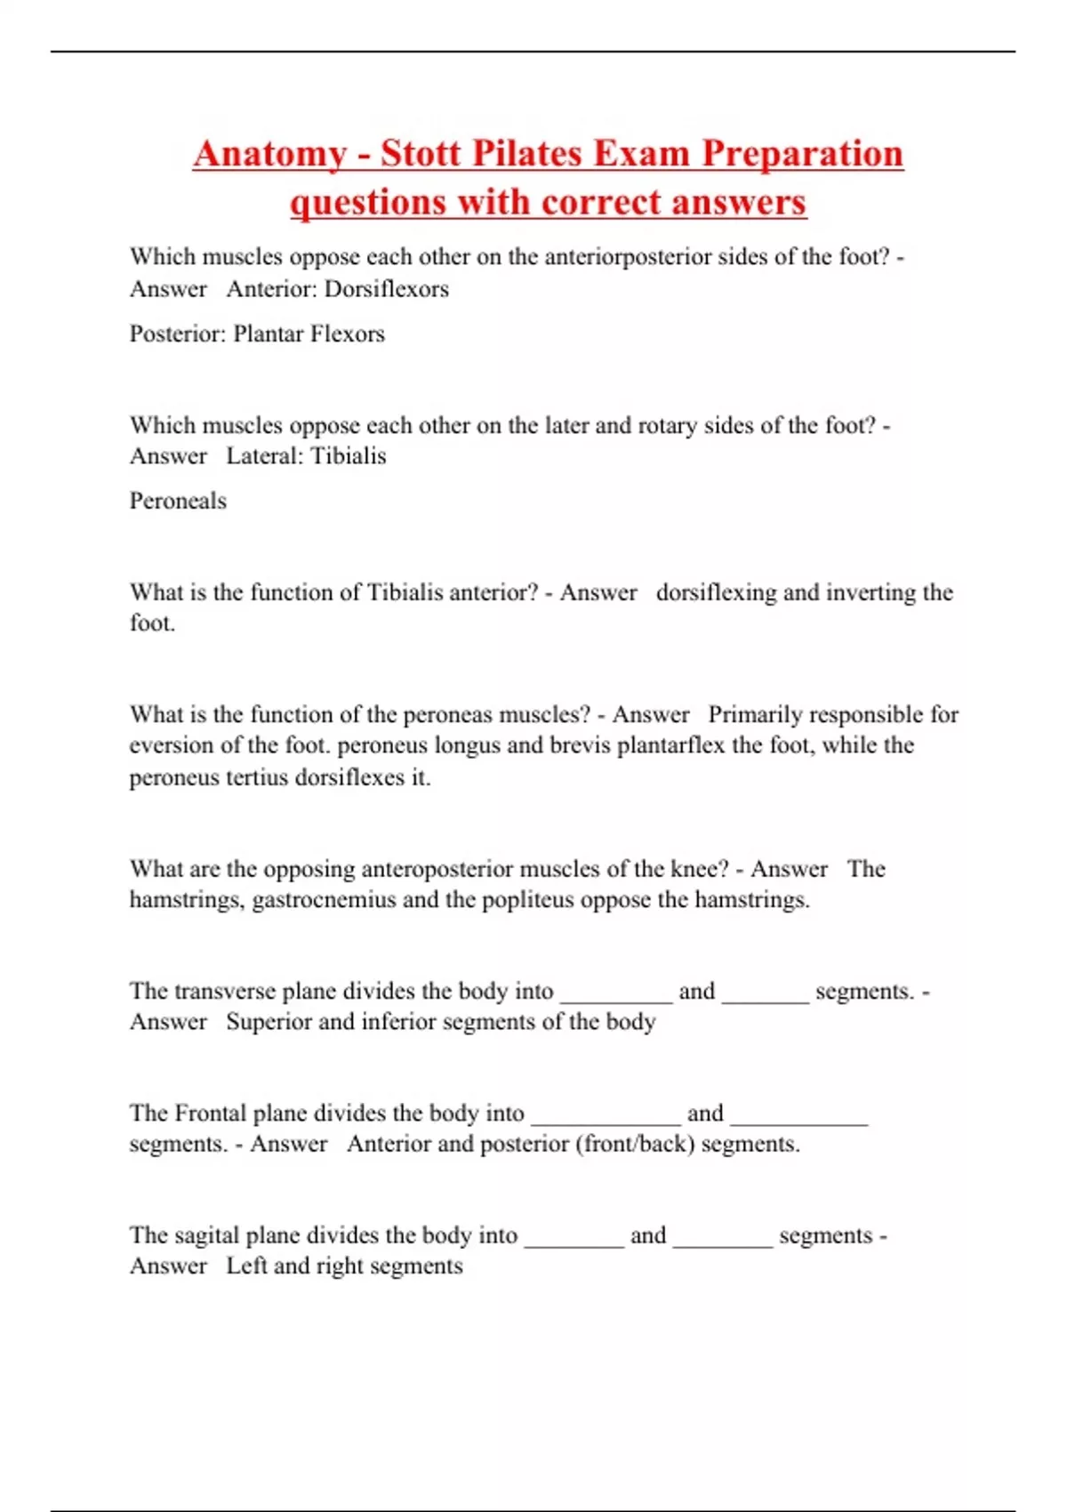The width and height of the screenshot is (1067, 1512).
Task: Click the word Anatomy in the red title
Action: [x=269, y=154]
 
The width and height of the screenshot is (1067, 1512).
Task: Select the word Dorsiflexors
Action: [x=387, y=289]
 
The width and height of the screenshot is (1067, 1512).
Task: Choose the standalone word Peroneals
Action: [x=178, y=501]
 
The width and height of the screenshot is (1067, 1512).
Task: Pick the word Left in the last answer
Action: [x=246, y=1266]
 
